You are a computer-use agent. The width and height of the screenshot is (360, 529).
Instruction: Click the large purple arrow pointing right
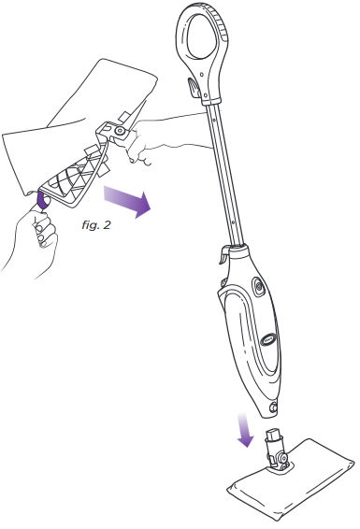pyautogui.click(x=123, y=200)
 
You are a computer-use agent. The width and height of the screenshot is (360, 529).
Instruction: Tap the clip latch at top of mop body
pyautogui.click(x=224, y=252)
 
